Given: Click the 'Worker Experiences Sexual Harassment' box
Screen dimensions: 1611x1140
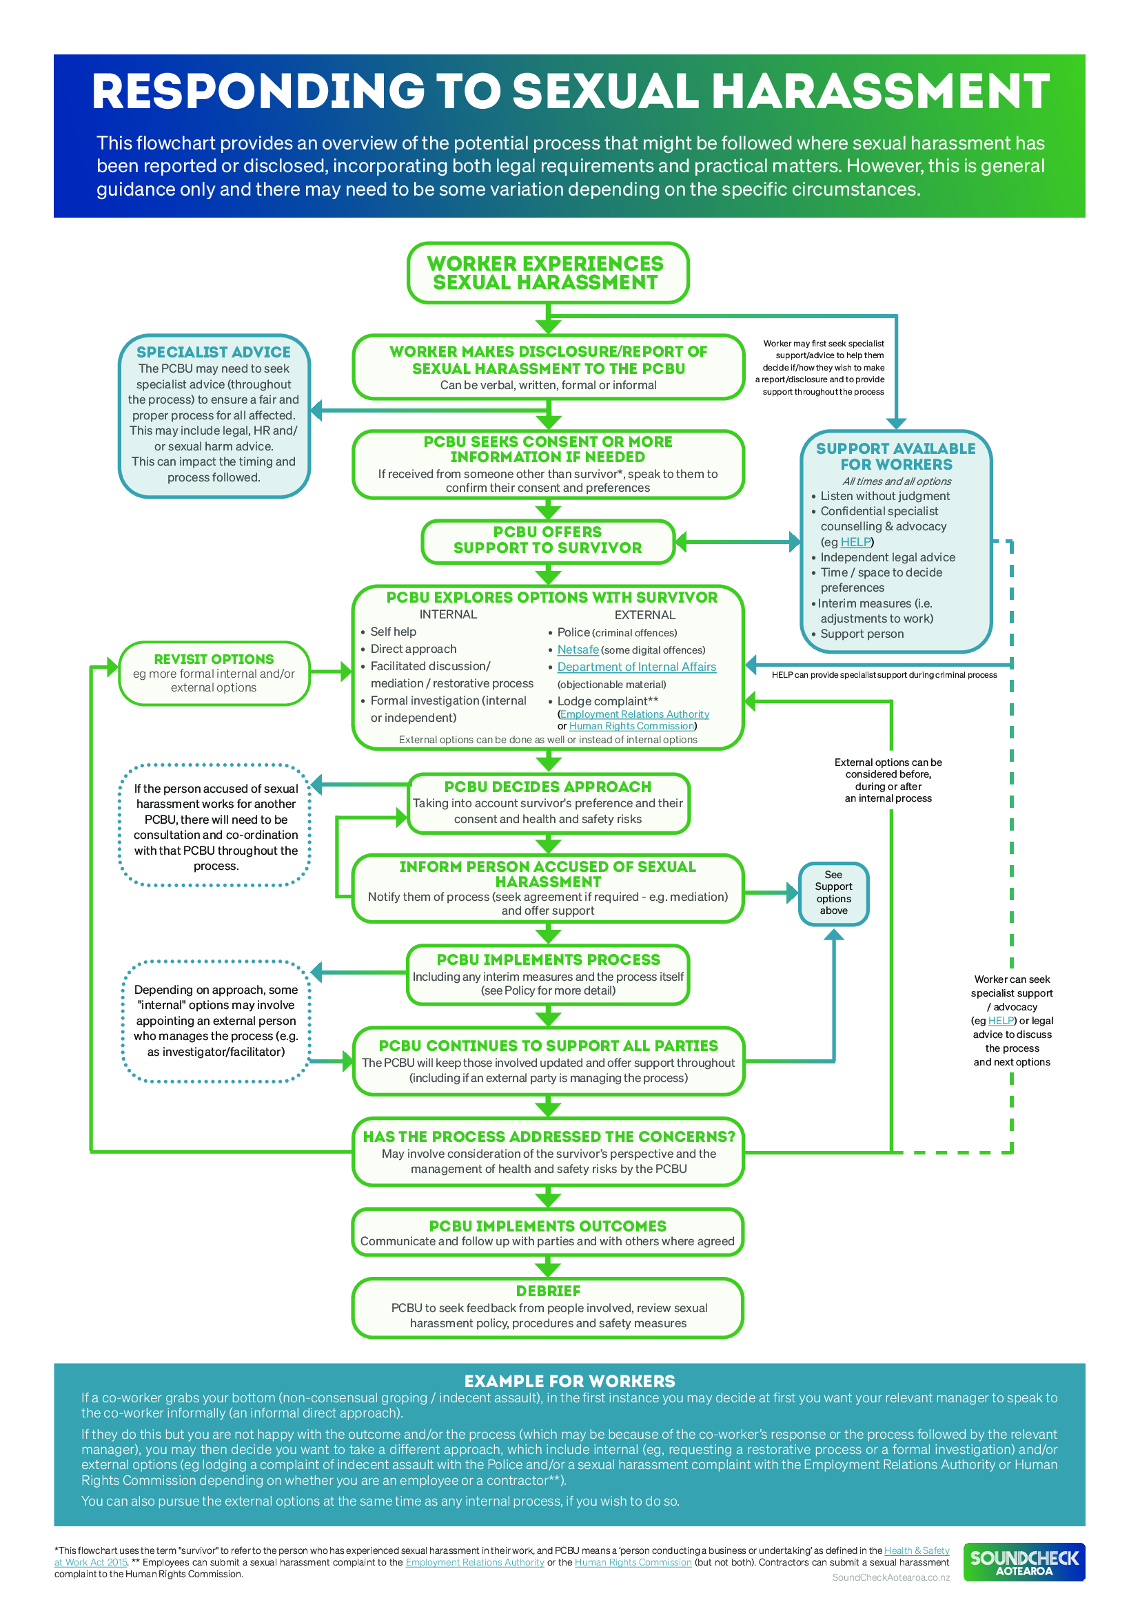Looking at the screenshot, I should point(547,273).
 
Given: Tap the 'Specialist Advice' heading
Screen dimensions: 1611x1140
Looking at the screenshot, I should point(214,351).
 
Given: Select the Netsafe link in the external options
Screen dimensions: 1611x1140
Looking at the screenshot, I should point(577,649).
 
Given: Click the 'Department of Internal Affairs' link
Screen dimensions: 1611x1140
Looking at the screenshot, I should point(636,667).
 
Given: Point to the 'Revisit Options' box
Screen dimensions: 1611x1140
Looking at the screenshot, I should point(214,672).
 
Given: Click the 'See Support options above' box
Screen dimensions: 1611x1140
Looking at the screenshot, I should point(833,893).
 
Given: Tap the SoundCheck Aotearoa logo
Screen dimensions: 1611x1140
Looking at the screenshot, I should point(1024,1562).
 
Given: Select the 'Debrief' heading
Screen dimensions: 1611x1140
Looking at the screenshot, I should point(547,1291).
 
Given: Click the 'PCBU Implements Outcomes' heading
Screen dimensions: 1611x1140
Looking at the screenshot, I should point(547,1226).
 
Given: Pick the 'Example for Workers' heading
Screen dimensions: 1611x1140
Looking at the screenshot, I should point(569,1381).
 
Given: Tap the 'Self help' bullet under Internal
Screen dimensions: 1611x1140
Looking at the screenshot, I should point(393,632).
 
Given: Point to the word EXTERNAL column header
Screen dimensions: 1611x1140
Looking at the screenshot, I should point(644,614).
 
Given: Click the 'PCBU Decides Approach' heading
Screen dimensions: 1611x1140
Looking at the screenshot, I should point(547,787).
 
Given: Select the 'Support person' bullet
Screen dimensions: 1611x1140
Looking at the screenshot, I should point(862,634).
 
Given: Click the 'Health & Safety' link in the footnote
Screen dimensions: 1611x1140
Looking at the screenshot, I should point(916,1550).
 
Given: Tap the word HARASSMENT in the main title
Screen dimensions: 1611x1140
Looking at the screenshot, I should point(880,92).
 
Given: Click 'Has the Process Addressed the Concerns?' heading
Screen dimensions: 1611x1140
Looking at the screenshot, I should point(548,1136).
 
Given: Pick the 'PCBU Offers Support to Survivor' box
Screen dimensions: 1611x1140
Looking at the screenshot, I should point(547,540).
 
